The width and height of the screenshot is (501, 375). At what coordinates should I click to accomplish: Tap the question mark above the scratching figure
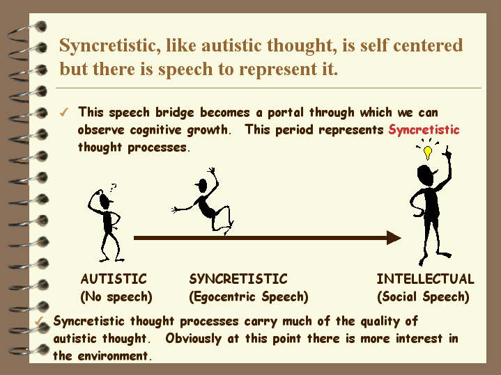(x=113, y=188)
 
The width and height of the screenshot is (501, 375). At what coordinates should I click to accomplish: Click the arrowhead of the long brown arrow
(x=394, y=238)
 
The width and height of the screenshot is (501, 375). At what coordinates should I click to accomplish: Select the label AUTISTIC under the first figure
(x=114, y=279)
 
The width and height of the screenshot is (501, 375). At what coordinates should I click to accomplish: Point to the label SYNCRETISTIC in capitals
(x=238, y=279)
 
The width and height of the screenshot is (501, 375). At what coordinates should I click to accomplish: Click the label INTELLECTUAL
(x=425, y=279)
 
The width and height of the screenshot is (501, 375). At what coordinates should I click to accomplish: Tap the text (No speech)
(x=116, y=297)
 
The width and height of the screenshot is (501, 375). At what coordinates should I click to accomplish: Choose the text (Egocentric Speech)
(x=249, y=297)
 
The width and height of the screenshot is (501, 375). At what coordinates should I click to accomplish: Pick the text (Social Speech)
(x=423, y=297)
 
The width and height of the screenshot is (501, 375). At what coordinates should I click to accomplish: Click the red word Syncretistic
(x=424, y=130)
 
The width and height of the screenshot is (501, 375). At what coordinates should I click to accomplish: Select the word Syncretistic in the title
(x=109, y=46)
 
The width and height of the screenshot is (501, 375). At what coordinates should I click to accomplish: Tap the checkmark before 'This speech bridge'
(x=64, y=112)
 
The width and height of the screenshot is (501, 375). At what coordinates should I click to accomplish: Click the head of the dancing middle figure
(x=202, y=186)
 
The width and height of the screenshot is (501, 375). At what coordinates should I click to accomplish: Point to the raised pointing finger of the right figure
(x=447, y=151)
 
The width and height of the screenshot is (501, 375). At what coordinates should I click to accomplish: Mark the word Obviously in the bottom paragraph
(x=193, y=339)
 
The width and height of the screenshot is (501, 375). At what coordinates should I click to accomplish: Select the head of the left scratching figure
(x=105, y=200)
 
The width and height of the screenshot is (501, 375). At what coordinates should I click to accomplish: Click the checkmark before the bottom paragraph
(x=39, y=321)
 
